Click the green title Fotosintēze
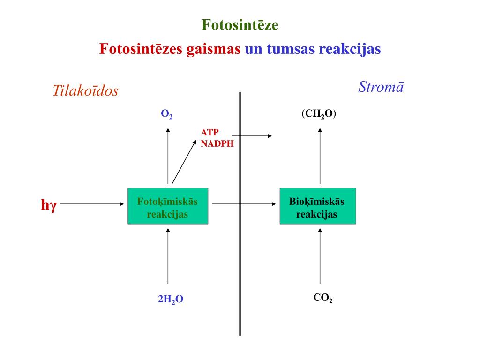point(240,25)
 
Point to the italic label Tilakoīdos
point(85,91)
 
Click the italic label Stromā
point(381,87)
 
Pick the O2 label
point(167,114)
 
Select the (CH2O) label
point(319,114)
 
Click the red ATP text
point(210,132)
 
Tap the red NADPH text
point(217,144)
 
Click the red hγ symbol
point(48,205)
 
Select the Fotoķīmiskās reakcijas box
point(168,206)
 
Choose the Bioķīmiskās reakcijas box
point(317,206)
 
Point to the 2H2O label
point(171,300)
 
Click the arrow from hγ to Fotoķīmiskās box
point(94,204)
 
